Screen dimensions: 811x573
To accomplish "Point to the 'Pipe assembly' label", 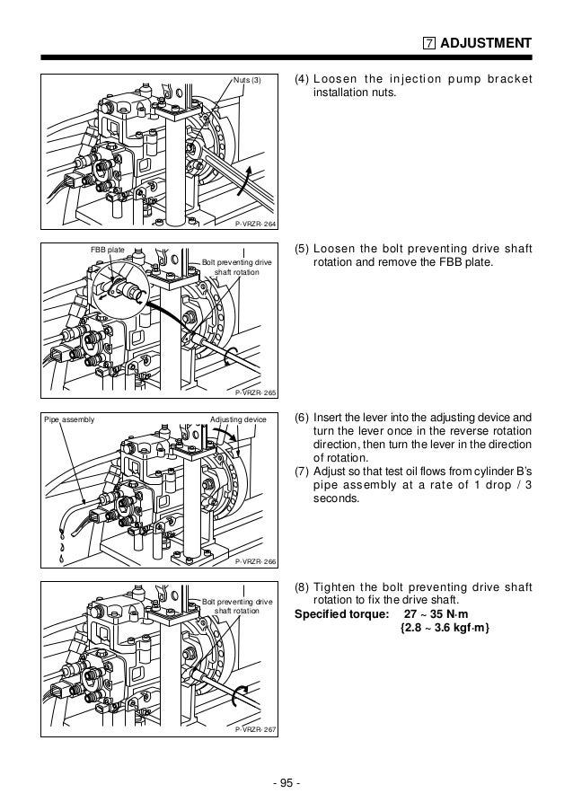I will [69, 419].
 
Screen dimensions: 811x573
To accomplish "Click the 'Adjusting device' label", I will [237, 419].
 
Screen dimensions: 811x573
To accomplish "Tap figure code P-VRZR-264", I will [255, 225].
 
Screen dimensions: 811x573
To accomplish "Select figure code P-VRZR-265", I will [255, 392].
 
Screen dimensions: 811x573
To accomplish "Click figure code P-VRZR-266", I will [255, 561].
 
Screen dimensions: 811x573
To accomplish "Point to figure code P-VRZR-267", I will [255, 728].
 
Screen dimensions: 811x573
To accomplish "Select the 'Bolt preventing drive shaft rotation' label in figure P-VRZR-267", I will [237, 605].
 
